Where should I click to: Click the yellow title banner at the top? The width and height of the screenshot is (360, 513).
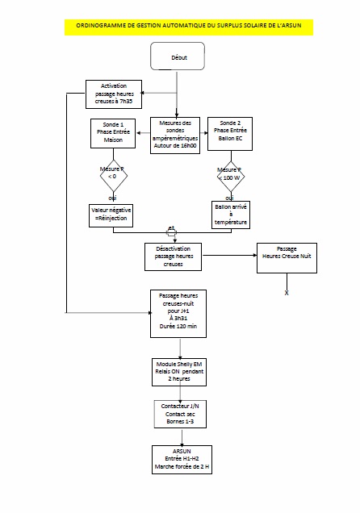[x=188, y=27]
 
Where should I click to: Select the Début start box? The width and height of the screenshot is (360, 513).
[x=178, y=58]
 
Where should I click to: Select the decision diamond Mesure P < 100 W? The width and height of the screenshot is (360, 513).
[x=230, y=174]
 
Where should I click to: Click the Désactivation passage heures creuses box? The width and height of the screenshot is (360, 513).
[x=173, y=256]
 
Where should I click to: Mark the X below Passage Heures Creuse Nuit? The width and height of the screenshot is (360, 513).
[x=287, y=294]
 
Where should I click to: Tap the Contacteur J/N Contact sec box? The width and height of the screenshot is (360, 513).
[x=178, y=414]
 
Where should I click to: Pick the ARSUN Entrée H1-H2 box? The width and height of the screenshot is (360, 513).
[x=178, y=460]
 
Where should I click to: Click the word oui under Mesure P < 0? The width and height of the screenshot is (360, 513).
[x=112, y=196]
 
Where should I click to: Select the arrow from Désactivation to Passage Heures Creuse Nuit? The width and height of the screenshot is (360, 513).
[x=229, y=256]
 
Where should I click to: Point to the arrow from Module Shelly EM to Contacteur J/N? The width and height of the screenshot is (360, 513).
[x=178, y=392]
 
